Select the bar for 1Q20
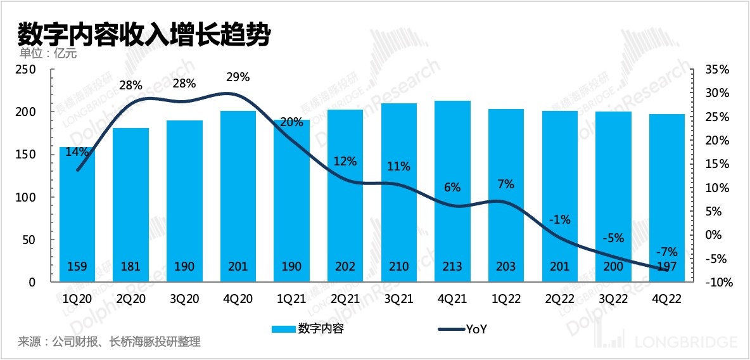[x=77, y=215]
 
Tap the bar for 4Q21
[x=452, y=190]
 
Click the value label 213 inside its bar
[x=452, y=267]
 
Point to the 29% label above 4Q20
[x=238, y=77]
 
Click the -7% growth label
[x=667, y=251]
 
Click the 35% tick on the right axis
[x=716, y=69]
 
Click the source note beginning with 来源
[x=109, y=342]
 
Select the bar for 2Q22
[x=560, y=196]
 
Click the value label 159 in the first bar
[x=77, y=267]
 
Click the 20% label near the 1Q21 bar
[x=291, y=123]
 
